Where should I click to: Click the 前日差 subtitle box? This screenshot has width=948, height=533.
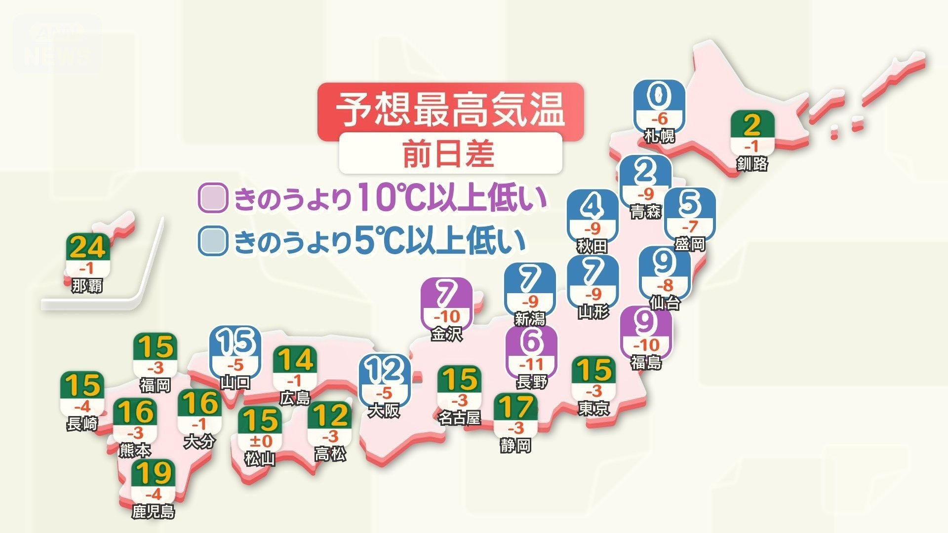point(450,153)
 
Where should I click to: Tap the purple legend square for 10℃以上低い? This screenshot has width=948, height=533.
point(213,198)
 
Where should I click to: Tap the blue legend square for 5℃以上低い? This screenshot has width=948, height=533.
point(213,241)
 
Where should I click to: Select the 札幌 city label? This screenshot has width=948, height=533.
point(660,135)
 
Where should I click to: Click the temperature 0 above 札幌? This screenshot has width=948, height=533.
point(660,96)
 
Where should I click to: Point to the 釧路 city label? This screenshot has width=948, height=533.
point(752,163)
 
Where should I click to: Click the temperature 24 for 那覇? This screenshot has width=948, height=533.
point(87,247)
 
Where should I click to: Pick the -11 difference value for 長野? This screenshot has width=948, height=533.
point(532,365)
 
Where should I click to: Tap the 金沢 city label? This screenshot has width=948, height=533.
point(447,334)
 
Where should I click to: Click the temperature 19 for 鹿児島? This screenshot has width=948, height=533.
point(153,472)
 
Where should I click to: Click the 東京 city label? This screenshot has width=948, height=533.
point(593,408)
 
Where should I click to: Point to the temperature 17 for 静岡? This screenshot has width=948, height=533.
point(515,407)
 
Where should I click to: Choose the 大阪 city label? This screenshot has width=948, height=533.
point(384,411)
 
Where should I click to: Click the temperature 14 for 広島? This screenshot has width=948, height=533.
point(295,360)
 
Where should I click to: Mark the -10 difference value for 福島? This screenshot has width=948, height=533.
point(646,344)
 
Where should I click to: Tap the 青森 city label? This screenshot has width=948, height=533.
point(645,212)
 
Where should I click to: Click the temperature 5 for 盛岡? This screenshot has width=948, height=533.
point(690,203)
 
